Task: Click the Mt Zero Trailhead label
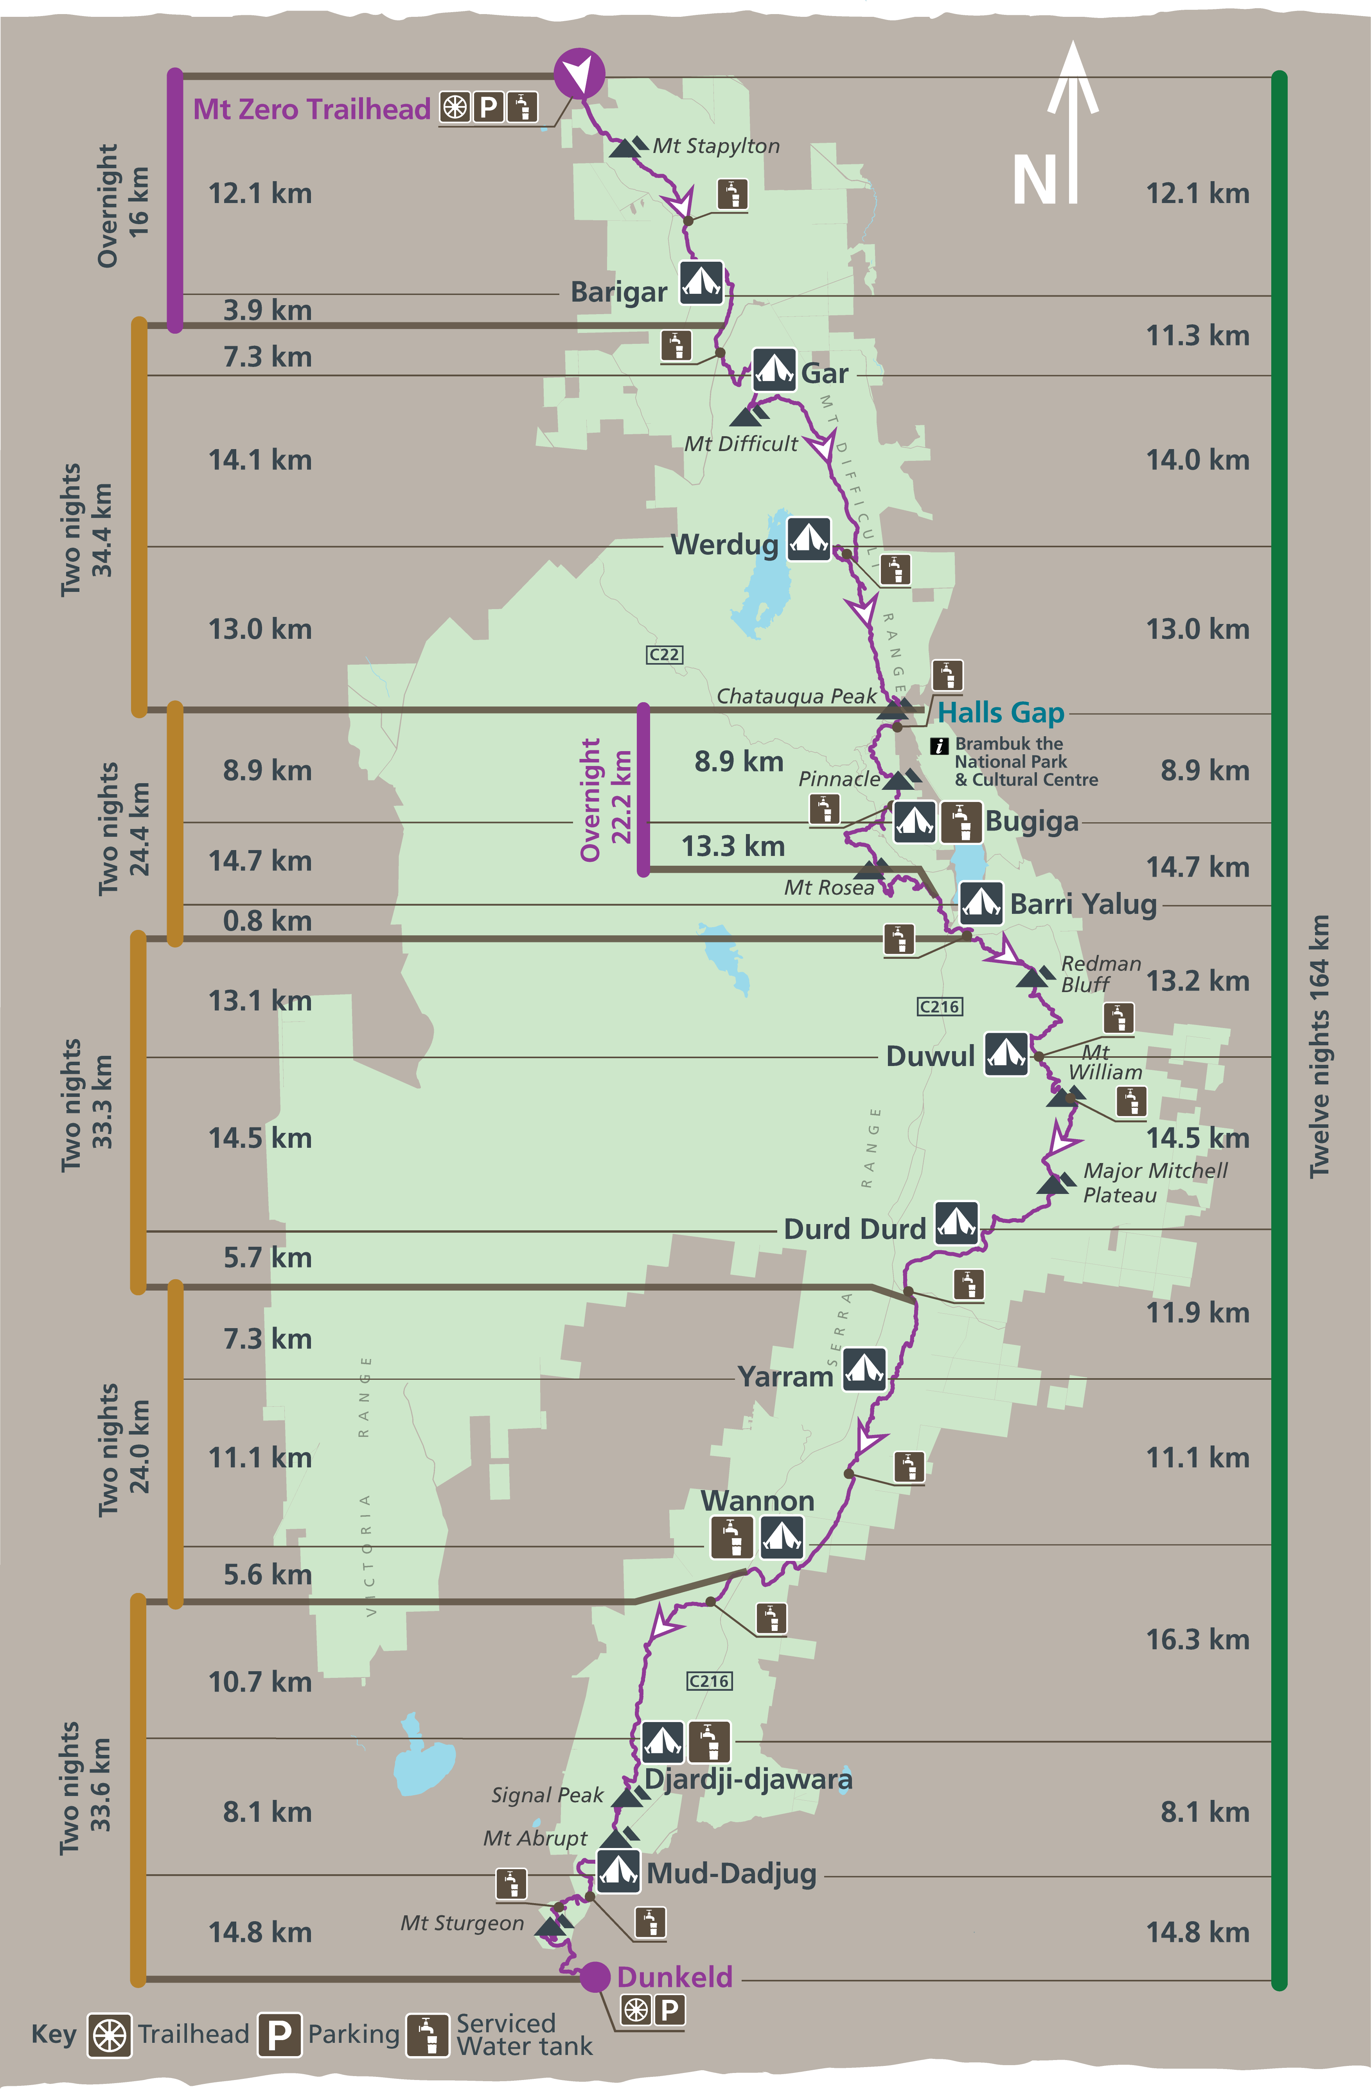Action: click(312, 109)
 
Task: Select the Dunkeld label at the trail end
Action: click(674, 1977)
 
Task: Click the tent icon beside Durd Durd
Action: click(956, 1222)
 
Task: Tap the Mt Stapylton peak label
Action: click(715, 146)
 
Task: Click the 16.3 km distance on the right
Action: click(1197, 1639)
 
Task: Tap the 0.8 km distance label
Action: click(267, 921)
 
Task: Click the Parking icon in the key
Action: click(279, 2034)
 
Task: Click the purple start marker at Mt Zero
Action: click(579, 73)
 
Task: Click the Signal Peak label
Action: click(547, 1795)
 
